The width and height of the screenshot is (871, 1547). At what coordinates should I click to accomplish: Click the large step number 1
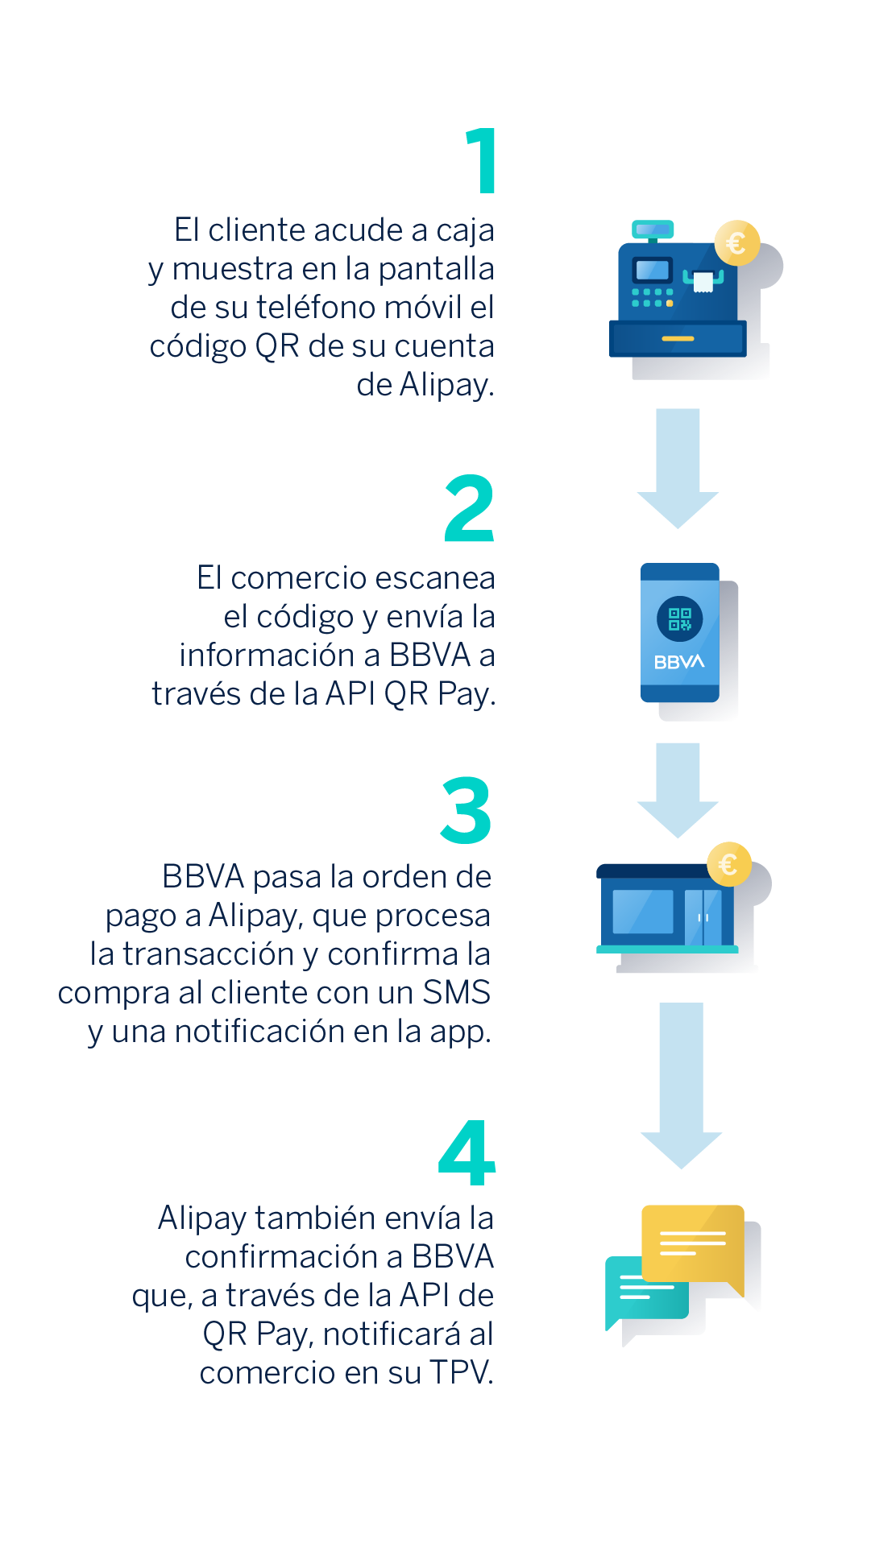click(482, 161)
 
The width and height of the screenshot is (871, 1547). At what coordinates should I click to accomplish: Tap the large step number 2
click(469, 507)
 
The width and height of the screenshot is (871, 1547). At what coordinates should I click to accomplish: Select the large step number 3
click(466, 810)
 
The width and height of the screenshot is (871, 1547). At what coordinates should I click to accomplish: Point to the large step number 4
click(467, 1152)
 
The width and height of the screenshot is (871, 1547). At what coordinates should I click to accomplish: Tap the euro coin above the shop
click(729, 865)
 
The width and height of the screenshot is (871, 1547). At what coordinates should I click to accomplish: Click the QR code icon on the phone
click(680, 619)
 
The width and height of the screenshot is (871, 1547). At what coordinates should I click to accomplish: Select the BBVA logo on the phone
click(679, 662)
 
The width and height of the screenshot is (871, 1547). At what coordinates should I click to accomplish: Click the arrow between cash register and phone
click(678, 469)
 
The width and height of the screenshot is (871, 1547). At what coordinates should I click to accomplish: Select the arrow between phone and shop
click(678, 791)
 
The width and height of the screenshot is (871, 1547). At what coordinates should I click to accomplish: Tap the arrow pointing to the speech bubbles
click(682, 1086)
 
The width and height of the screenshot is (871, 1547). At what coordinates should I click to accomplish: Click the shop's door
click(703, 917)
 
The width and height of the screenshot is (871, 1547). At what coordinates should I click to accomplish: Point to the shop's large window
click(643, 912)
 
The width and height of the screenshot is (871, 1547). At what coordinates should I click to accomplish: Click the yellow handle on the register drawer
click(678, 339)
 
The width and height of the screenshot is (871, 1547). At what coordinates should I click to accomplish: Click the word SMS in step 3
click(457, 992)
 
